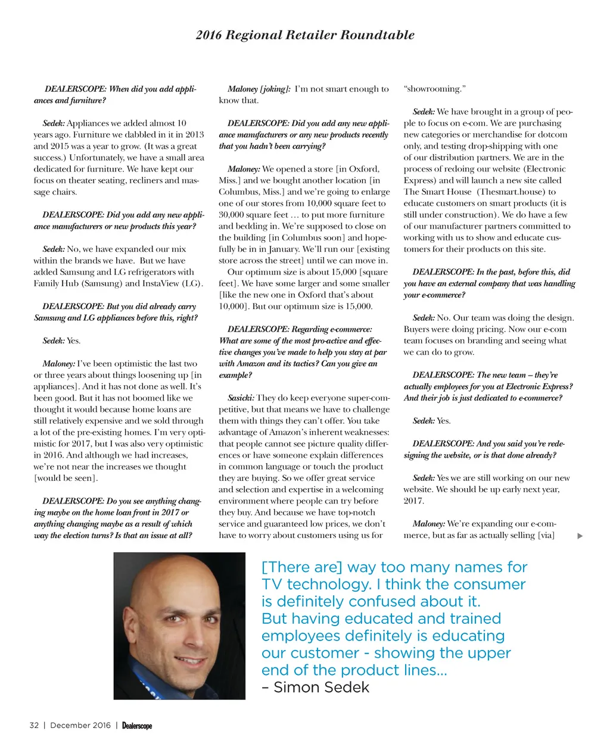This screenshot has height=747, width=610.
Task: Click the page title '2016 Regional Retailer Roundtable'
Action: click(305, 35)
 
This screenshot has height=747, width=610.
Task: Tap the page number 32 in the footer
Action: click(34, 725)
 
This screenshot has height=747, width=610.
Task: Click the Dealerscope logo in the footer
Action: click(137, 726)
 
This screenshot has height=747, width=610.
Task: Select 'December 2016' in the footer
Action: click(80, 725)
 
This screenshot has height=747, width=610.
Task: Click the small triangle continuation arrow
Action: click(580, 536)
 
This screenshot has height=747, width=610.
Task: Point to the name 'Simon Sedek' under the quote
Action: click(322, 687)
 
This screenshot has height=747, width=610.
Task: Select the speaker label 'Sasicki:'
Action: click(241, 398)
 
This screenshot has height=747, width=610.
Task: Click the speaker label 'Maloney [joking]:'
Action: click(259, 89)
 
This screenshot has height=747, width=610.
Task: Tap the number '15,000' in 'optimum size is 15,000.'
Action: click(358, 307)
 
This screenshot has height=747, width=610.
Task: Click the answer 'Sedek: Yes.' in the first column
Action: click(61, 341)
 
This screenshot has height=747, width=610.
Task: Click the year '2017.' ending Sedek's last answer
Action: click(414, 501)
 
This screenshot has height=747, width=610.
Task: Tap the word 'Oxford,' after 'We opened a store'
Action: click(363, 169)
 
